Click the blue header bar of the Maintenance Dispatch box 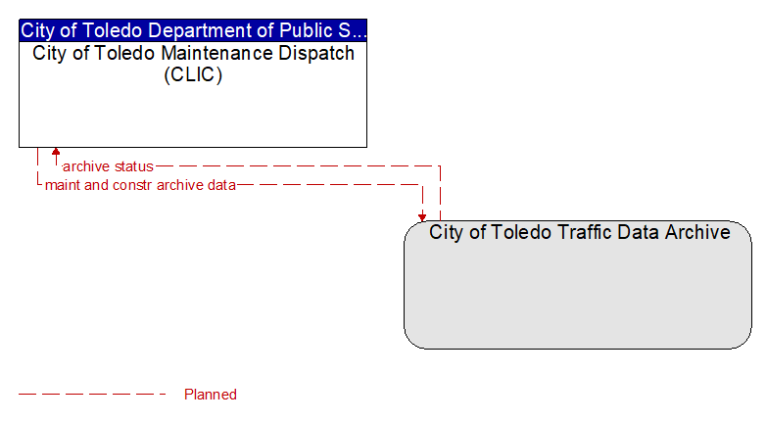click(x=193, y=30)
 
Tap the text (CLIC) click(x=193, y=74)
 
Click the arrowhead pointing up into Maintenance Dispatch click(x=56, y=152)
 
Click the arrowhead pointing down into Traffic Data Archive click(x=422, y=217)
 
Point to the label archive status click(x=108, y=166)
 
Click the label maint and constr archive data click(x=140, y=185)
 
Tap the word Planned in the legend click(x=211, y=395)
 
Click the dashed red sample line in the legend click(x=92, y=395)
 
